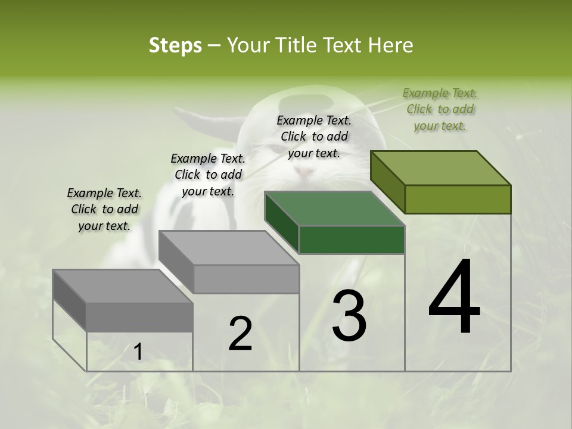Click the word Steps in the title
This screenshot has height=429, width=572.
click(x=175, y=46)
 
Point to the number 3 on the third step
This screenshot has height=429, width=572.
click(x=349, y=316)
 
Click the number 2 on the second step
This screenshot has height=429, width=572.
click(x=240, y=334)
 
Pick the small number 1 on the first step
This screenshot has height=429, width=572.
click(x=138, y=352)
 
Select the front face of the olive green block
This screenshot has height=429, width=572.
click(x=458, y=199)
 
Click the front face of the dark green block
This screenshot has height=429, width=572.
click(x=352, y=240)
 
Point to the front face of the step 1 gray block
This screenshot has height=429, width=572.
click(x=139, y=316)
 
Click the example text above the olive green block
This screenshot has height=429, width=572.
click(x=440, y=110)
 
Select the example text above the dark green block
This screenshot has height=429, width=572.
click(x=314, y=136)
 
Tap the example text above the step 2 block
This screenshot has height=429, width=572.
click(x=208, y=175)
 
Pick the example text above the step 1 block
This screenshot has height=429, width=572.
click(x=104, y=209)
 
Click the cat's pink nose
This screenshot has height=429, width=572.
click(x=305, y=172)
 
